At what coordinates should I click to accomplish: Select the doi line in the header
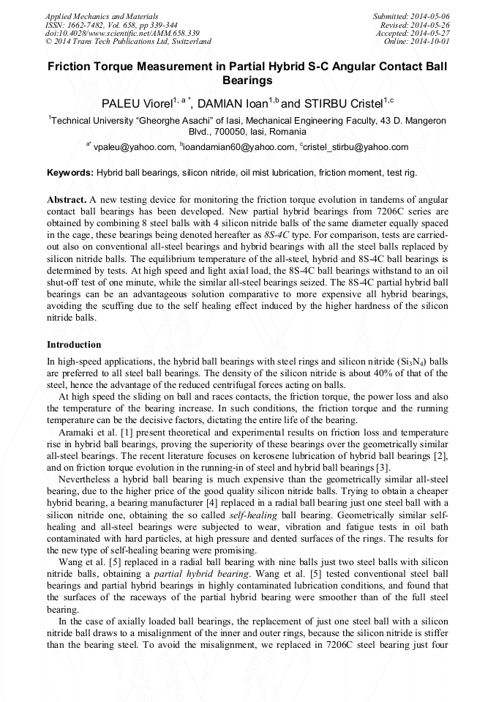click(x=122, y=33)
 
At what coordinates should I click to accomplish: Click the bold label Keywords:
click(x=70, y=173)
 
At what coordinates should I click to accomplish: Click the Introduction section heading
click(x=75, y=345)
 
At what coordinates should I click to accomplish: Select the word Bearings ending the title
click(x=247, y=81)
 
